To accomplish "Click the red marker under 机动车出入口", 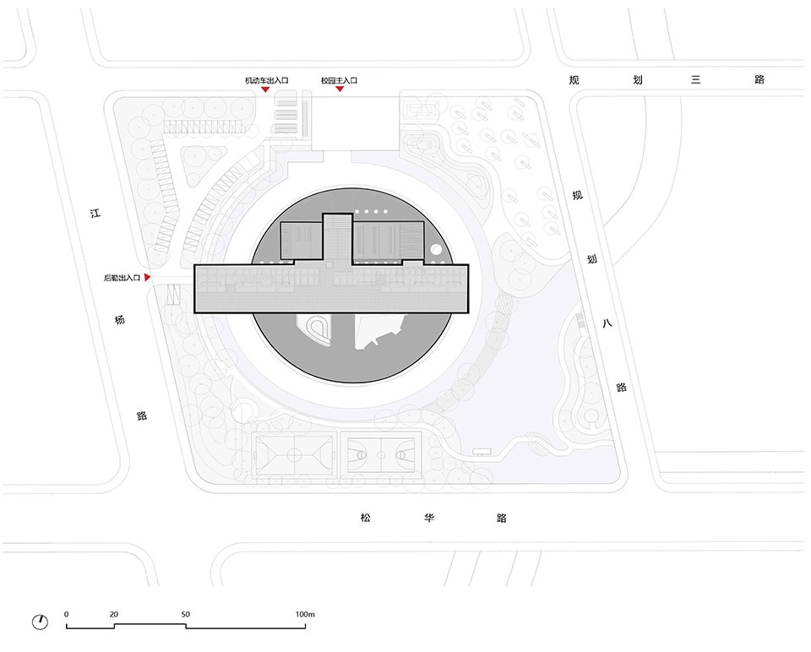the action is (264, 90).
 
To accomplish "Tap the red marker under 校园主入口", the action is (340, 89).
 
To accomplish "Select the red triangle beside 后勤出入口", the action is (147, 278).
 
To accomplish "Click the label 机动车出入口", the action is (266, 80).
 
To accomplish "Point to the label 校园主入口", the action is (339, 80).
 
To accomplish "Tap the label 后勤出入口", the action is (122, 278).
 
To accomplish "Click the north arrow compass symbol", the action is (40, 622).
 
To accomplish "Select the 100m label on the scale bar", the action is (305, 614).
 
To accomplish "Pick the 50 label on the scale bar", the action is (186, 614).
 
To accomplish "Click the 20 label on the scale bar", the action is (114, 614).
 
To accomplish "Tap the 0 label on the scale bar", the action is (66, 614).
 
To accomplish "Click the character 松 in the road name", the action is (366, 517).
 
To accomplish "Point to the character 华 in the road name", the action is (429, 517).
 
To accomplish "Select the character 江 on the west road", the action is (95, 213).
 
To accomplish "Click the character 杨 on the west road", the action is (119, 319).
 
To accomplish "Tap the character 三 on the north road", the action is (695, 79).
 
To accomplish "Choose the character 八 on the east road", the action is (607, 323).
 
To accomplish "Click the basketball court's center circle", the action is (381, 455).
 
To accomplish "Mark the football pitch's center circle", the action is (294, 455).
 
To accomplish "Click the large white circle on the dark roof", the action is (436, 250).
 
